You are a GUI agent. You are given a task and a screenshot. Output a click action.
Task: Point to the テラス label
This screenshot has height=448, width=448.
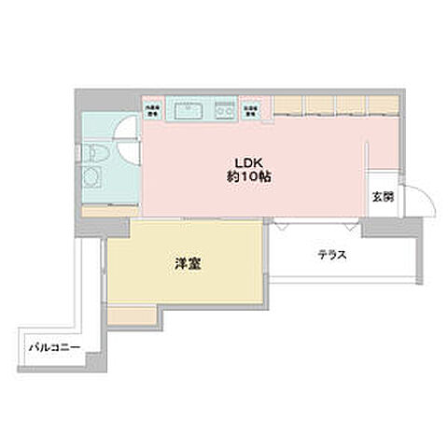point(331,253)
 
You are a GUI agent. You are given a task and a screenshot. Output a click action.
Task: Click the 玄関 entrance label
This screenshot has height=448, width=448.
point(382,197)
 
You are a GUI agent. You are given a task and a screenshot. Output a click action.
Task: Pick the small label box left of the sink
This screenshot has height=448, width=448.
point(153,108)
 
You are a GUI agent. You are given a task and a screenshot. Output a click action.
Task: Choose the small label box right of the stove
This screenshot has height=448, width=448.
point(252,108)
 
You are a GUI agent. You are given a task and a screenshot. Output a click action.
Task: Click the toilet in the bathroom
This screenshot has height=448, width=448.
point(94,155)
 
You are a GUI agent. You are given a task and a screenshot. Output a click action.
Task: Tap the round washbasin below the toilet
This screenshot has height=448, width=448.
point(93,178)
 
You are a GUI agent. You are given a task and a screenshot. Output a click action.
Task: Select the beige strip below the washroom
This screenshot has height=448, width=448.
point(108,210)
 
